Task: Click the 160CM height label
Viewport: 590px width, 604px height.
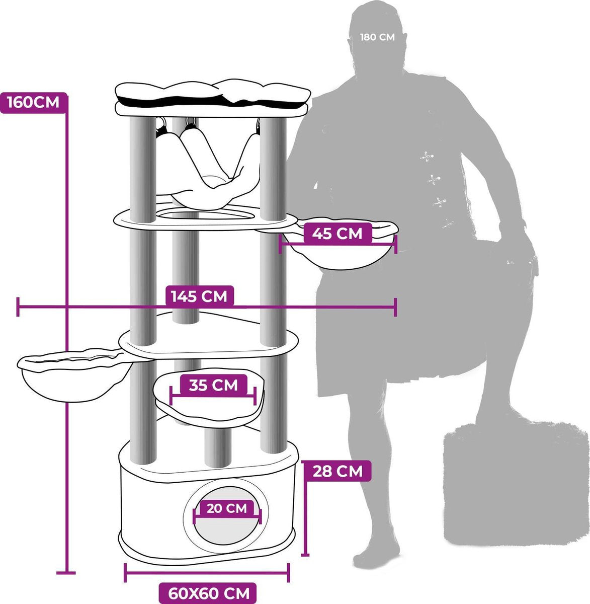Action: click(x=34, y=103)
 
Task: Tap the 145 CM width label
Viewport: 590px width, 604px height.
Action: click(x=199, y=296)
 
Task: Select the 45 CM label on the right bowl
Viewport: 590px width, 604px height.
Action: click(x=337, y=234)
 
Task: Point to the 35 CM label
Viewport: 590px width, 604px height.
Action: click(x=213, y=385)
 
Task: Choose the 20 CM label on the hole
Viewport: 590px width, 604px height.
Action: click(x=227, y=508)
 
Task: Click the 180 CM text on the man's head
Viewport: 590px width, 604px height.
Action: click(x=378, y=37)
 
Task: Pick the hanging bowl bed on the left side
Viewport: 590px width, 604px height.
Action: click(x=74, y=375)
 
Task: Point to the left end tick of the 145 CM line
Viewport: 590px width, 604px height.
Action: click(x=18, y=307)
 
